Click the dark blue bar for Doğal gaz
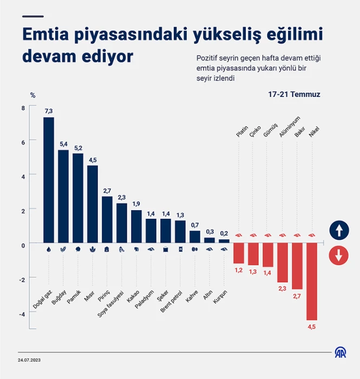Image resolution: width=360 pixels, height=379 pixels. click(49, 180)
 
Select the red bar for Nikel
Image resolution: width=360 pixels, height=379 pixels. click(312, 282)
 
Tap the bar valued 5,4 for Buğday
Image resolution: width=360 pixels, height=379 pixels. click(63, 196)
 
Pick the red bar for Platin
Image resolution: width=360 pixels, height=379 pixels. click(239, 253)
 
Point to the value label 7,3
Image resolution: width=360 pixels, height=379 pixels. click(49, 111)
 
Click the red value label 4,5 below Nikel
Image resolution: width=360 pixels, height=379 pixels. click(312, 327)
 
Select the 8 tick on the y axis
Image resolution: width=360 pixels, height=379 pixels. click(23, 108)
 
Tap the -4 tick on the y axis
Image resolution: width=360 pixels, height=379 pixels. click(22, 314)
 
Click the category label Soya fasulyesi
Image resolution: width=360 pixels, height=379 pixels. click(110, 304)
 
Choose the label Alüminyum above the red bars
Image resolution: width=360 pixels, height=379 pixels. click(290, 127)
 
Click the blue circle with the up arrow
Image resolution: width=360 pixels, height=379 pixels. click(339, 230)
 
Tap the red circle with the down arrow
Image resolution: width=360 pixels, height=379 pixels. click(339, 256)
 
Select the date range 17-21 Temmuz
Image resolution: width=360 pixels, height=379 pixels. click(294, 94)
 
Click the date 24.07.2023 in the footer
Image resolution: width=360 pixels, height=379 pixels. click(29, 360)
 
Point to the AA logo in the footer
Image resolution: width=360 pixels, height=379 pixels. click(341, 352)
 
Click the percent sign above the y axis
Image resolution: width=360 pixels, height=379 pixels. click(33, 95)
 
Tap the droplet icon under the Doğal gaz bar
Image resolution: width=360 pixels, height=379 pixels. click(49, 249)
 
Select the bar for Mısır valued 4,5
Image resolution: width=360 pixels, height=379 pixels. click(93, 204)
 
